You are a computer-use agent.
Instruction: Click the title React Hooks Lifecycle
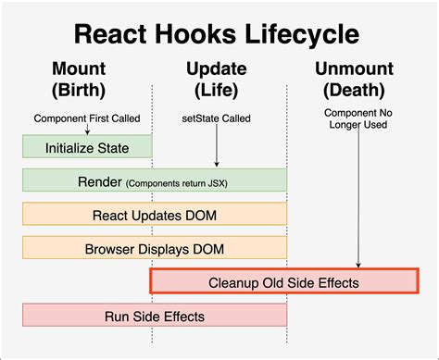pyautogui.click(x=219, y=35)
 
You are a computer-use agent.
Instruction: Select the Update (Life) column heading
pyautogui.click(x=216, y=81)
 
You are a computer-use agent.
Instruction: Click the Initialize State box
pyautogui.click(x=87, y=147)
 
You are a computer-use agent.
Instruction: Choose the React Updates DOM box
pyautogui.click(x=154, y=215)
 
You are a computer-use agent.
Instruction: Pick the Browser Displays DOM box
pyautogui.click(x=154, y=248)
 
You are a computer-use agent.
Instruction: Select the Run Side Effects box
pyautogui.click(x=154, y=316)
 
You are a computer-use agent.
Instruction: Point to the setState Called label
pyautogui.click(x=216, y=118)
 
